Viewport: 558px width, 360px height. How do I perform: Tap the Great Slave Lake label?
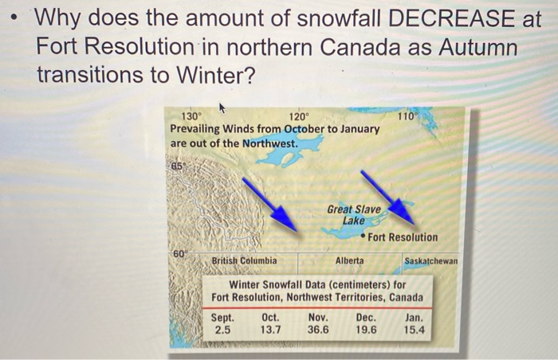click(353, 214)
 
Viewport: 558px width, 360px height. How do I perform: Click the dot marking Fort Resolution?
click(363, 237)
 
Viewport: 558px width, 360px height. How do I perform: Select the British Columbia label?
click(245, 260)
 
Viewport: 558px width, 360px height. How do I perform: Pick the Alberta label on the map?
click(350, 260)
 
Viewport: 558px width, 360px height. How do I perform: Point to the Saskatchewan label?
click(431, 260)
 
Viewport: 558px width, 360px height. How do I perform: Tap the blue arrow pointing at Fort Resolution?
click(387, 196)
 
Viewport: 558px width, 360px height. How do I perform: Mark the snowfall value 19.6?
click(367, 329)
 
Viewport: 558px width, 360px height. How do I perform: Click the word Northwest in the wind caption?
click(268, 143)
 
